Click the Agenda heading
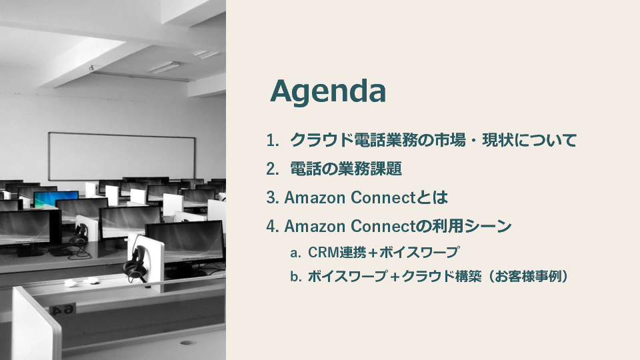328,92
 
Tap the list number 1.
273,141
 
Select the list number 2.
273,169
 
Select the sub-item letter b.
295,277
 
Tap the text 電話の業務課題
346,169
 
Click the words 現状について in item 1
529,141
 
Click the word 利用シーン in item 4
472,226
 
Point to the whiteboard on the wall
121,156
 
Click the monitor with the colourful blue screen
56,198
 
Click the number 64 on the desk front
64,310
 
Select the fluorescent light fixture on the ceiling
163,67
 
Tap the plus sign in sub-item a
373,253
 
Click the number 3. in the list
273,197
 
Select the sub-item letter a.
295,253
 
